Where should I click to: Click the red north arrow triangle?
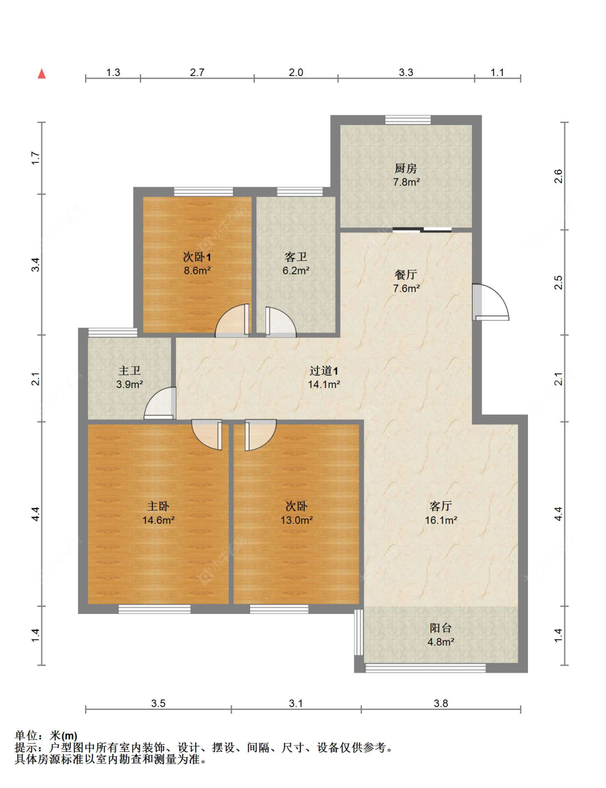(x=42, y=74)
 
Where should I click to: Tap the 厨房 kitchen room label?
(x=406, y=168)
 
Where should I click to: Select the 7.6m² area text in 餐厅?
(x=406, y=288)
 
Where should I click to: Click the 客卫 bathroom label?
(x=296, y=257)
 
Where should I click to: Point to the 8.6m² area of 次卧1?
(x=197, y=270)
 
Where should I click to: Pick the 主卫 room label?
(x=129, y=371)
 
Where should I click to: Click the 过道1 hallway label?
(x=324, y=371)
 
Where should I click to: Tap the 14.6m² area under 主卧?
(x=158, y=520)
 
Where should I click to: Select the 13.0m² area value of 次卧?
(x=296, y=520)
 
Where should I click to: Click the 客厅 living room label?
(x=441, y=506)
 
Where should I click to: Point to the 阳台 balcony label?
(x=441, y=628)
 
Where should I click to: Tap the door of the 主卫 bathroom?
(x=160, y=403)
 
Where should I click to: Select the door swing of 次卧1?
(x=232, y=321)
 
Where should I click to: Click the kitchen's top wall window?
(x=408, y=120)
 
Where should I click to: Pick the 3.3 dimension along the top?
(x=406, y=72)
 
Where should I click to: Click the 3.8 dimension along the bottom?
(x=441, y=703)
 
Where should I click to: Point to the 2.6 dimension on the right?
(x=559, y=176)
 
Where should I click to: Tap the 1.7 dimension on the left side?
(x=36, y=158)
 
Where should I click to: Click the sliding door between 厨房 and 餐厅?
(x=422, y=229)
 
